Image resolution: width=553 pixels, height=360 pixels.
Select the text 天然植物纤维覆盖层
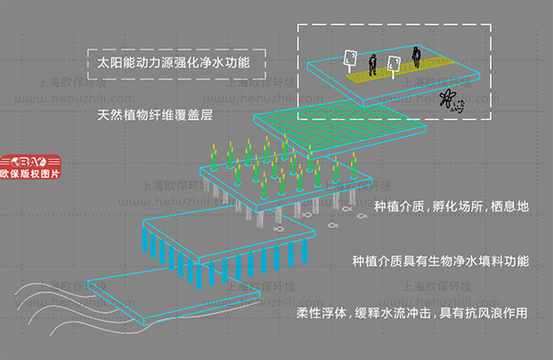click(x=161, y=116)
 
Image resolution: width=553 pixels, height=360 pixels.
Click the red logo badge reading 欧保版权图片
click(x=31, y=164)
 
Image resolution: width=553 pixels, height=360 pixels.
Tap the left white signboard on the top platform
click(x=350, y=60)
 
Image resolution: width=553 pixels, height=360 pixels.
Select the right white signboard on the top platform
click(x=395, y=64)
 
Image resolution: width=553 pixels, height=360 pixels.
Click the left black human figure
click(x=373, y=64)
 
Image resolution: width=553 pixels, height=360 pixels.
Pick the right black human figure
click(x=416, y=57)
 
